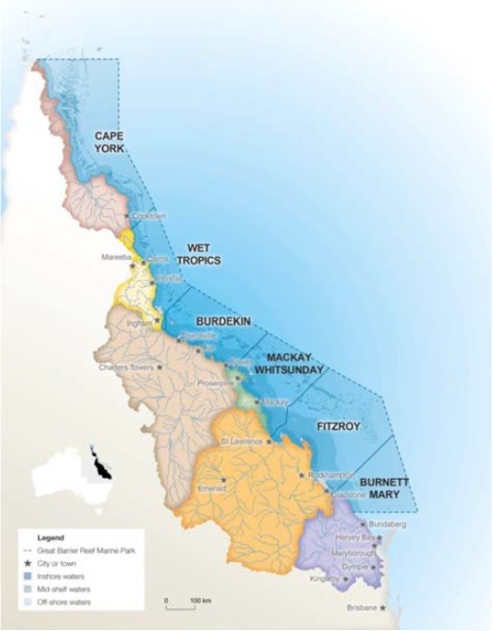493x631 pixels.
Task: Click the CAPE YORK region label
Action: (x=110, y=143)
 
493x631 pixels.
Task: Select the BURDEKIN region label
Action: (x=223, y=321)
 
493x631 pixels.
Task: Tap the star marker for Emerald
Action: (x=223, y=479)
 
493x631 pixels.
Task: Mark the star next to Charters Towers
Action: (x=160, y=367)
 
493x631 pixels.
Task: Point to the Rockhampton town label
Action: (x=331, y=475)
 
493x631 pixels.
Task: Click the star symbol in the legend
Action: (x=28, y=562)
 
